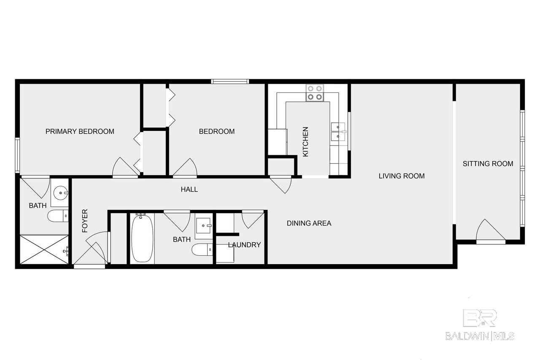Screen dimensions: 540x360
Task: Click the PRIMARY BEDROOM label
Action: click(80, 131)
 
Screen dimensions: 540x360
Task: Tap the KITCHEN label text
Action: click(305, 142)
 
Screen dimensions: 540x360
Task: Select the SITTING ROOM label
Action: click(488, 164)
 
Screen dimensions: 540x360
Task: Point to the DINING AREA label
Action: click(309, 223)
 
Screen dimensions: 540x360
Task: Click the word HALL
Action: click(189, 189)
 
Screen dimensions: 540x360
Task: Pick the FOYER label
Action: click(85, 221)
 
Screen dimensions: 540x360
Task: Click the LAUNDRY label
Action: click(244, 245)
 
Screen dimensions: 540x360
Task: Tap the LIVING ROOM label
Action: click(402, 176)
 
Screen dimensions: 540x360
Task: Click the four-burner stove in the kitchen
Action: click(315, 93)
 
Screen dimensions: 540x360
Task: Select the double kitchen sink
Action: click(338, 132)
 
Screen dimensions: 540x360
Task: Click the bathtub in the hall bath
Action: click(142, 238)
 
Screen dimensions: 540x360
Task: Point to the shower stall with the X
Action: click(44, 249)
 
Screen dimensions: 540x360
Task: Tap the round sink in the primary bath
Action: click(60, 193)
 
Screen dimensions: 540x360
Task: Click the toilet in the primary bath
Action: click(58, 216)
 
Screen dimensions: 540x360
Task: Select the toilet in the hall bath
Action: click(202, 250)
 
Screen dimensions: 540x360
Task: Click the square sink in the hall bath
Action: click(204, 226)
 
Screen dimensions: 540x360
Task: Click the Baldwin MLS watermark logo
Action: click(480, 325)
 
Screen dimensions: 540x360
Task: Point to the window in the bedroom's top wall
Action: click(230, 81)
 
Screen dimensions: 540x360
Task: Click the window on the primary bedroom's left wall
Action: click(17, 155)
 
